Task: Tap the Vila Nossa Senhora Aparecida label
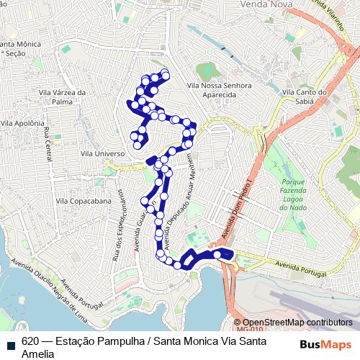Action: (219, 90)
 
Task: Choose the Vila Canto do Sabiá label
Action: (305, 96)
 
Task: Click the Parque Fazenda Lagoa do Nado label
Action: (293, 194)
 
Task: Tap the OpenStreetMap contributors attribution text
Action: (297, 323)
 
